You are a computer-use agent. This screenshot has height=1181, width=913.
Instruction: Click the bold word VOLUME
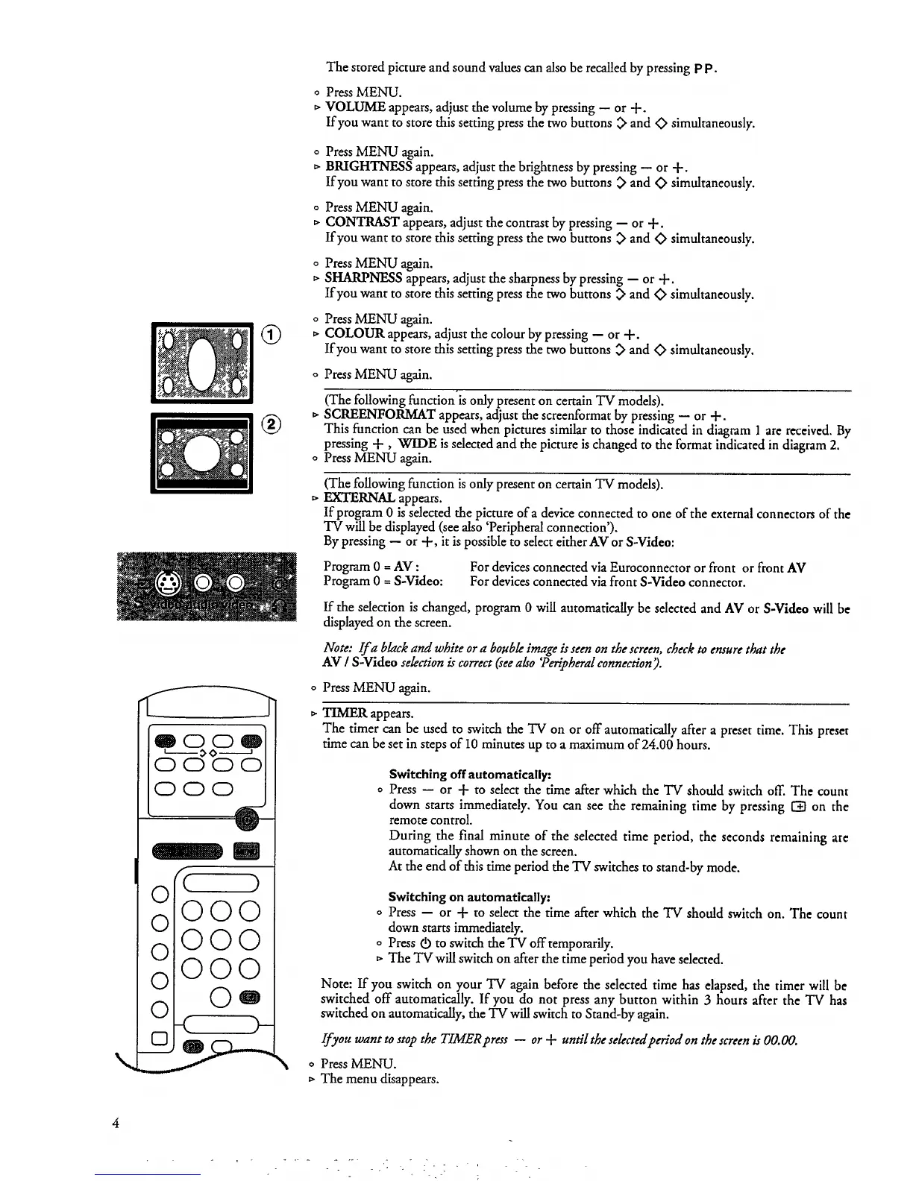(x=355, y=107)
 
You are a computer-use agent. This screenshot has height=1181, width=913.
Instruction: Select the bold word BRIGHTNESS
(x=365, y=167)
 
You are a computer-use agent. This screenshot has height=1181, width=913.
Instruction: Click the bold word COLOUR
(x=354, y=334)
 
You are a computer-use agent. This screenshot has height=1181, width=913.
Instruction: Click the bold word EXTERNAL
(x=360, y=498)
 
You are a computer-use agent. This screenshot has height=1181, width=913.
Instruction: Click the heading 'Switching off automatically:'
(x=470, y=775)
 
